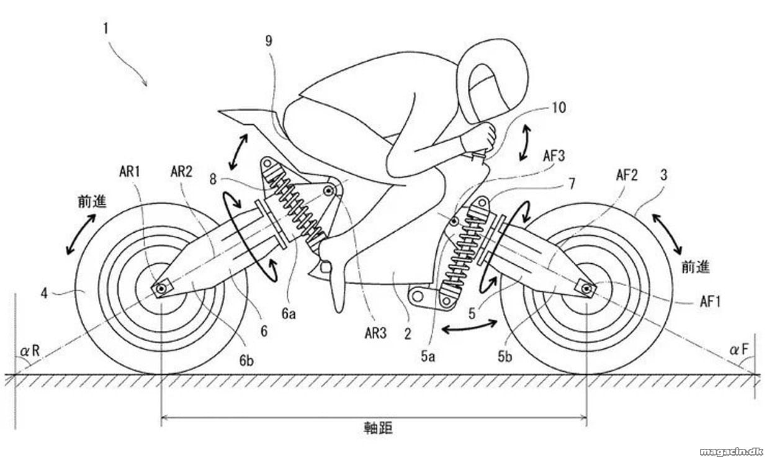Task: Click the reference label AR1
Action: pyautogui.click(x=130, y=172)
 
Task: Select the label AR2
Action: pyautogui.click(x=181, y=172)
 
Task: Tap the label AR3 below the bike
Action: pyautogui.click(x=375, y=333)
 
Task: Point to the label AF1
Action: pyautogui.click(x=710, y=302)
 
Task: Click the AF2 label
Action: pyautogui.click(x=627, y=175)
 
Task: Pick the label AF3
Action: pyautogui.click(x=554, y=156)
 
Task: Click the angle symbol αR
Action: pyautogui.click(x=30, y=351)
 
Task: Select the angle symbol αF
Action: pyautogui.click(x=739, y=350)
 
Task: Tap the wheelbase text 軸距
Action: pyautogui.click(x=378, y=428)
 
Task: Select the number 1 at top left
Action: pyautogui.click(x=106, y=29)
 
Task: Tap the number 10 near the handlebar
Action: pyautogui.click(x=559, y=108)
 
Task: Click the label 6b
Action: pyautogui.click(x=246, y=360)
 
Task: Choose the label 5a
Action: pyautogui.click(x=428, y=356)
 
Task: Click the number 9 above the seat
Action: pyautogui.click(x=269, y=41)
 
